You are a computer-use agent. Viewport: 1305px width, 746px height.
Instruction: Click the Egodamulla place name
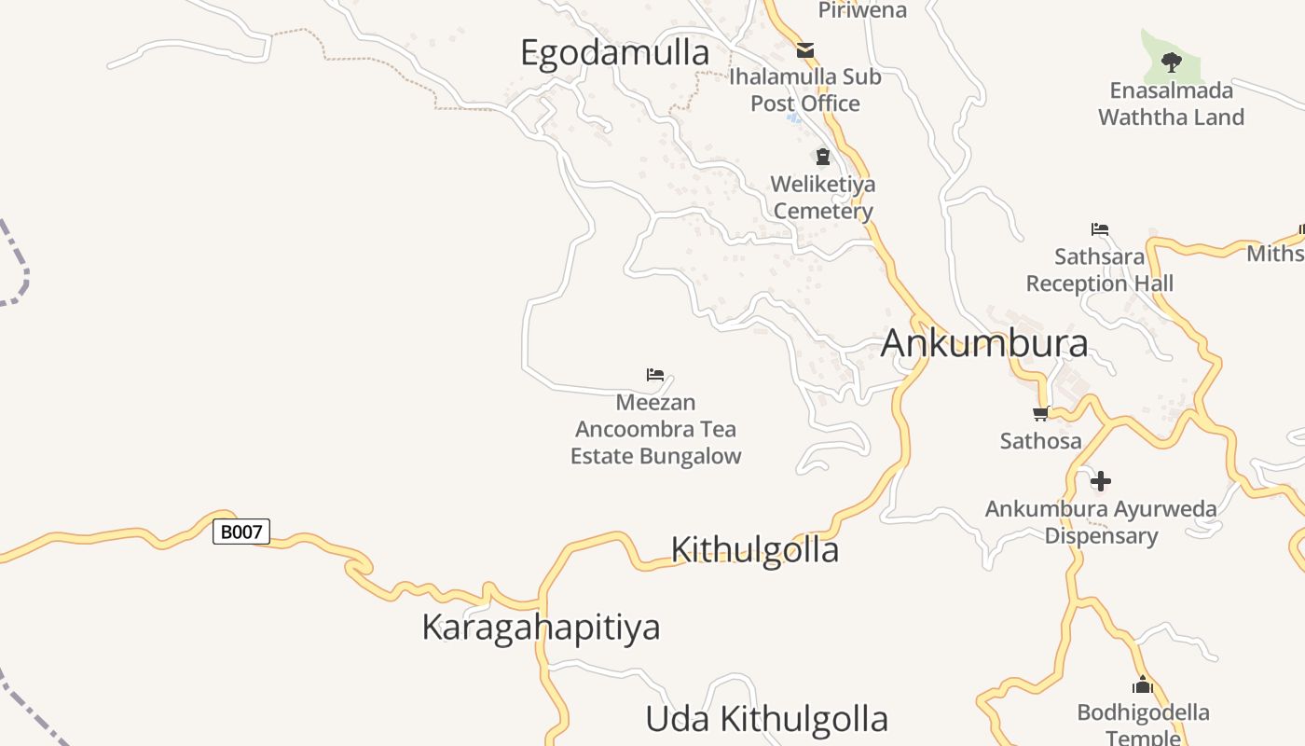[x=614, y=53]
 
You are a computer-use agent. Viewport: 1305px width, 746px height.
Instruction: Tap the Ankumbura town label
[x=983, y=343]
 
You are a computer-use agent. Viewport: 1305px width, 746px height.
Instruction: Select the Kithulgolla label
[x=754, y=550]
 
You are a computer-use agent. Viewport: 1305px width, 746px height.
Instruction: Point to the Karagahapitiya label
[x=541, y=628]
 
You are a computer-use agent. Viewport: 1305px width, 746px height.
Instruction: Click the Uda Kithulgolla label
[x=766, y=720]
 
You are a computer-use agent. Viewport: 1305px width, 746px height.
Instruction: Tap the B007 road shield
[x=241, y=532]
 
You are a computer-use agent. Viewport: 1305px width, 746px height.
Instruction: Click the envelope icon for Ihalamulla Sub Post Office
[x=805, y=50]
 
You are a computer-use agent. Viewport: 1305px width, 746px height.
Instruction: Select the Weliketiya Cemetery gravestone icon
[x=823, y=157]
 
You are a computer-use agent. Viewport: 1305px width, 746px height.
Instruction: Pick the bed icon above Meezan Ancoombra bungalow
[x=655, y=375]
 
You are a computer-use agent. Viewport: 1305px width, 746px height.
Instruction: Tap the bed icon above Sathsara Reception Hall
[x=1100, y=229]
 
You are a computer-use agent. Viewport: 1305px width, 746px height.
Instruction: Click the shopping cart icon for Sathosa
[x=1040, y=413]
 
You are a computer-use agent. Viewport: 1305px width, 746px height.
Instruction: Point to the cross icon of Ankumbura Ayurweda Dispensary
[x=1101, y=481]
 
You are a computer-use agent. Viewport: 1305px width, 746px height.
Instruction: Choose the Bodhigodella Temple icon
[x=1143, y=686]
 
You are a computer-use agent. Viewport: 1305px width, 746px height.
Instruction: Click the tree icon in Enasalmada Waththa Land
[x=1172, y=62]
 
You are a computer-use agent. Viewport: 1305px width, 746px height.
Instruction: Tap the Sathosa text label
[x=1040, y=440]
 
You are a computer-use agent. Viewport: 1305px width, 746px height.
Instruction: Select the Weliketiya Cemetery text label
[x=824, y=198]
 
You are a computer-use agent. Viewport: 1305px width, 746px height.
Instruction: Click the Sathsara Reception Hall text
[x=1100, y=269]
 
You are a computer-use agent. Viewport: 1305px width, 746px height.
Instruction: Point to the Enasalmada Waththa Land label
[x=1171, y=104]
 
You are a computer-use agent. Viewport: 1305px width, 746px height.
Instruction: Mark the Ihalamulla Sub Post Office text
[x=805, y=90]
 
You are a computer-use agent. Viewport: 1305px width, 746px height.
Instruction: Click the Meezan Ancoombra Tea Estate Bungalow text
[x=656, y=429]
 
